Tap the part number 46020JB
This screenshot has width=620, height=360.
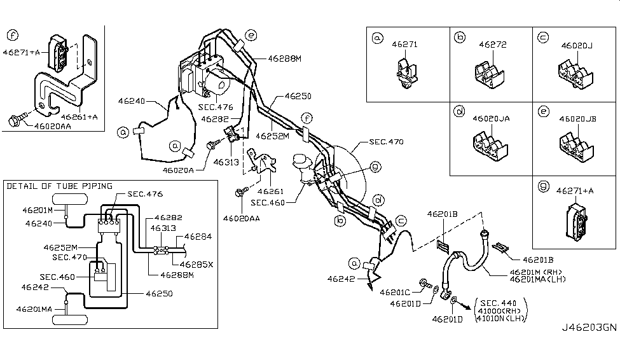[x=577, y=119]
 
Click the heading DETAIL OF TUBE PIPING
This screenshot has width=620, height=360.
[x=59, y=186]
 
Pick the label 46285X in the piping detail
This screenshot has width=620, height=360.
[x=196, y=263]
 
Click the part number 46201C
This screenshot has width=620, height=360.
[x=395, y=292]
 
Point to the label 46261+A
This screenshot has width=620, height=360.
[x=79, y=117]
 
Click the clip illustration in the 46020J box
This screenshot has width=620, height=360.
[x=575, y=76]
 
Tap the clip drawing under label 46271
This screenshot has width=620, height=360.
[x=406, y=73]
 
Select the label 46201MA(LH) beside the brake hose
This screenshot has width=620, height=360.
[x=537, y=279]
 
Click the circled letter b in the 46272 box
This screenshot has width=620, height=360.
[x=459, y=38]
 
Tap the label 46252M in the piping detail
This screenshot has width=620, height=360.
[x=60, y=247]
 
